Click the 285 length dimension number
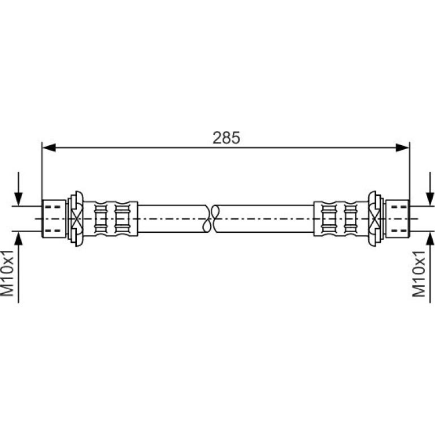[226, 138]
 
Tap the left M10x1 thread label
[7, 273]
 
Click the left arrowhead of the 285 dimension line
[49, 148]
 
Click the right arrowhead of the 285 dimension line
[402, 148]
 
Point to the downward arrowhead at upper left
[18, 199]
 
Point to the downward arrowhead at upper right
[430, 199]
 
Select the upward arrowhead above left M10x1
[18, 238]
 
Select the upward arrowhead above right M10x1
[430, 238]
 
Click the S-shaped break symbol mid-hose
[211, 219]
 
